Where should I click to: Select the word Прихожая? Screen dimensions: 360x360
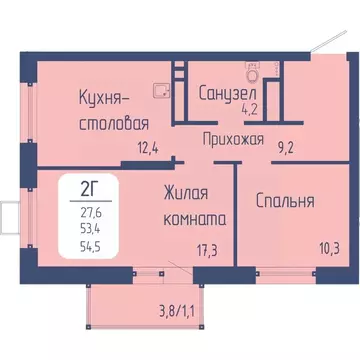pyautogui.click(x=233, y=140)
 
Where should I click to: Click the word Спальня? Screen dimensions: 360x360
pyautogui.click(x=286, y=201)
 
